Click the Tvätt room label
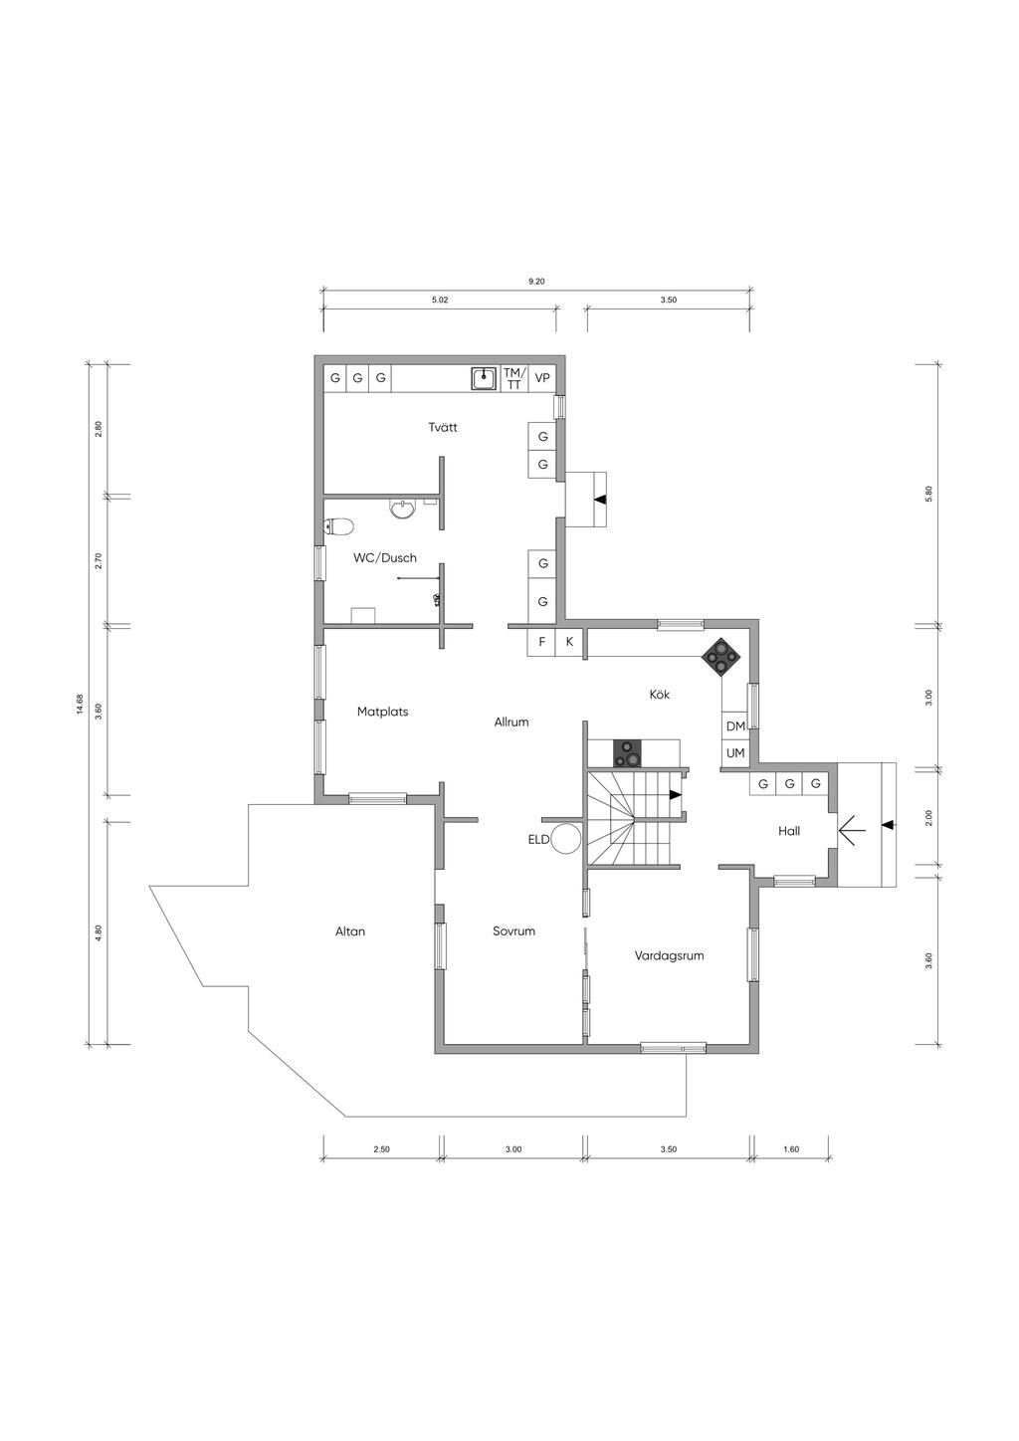click(x=443, y=427)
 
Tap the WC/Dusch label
click(x=385, y=557)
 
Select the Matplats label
click(x=383, y=712)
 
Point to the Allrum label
click(x=511, y=721)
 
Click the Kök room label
click(x=660, y=694)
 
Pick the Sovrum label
click(x=514, y=930)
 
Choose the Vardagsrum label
click(x=669, y=956)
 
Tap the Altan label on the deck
click(x=350, y=930)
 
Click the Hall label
click(x=789, y=831)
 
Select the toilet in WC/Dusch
click(x=338, y=527)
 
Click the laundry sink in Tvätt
click(x=483, y=378)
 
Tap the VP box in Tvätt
click(x=542, y=378)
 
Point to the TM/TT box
click(x=514, y=378)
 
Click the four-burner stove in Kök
click(x=721, y=656)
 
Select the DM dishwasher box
click(x=735, y=726)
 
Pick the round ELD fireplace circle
click(x=568, y=839)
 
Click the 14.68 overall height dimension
click(x=80, y=704)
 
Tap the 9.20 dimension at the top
click(x=536, y=281)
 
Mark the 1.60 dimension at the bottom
click(x=791, y=1149)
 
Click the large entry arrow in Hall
click(x=853, y=832)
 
